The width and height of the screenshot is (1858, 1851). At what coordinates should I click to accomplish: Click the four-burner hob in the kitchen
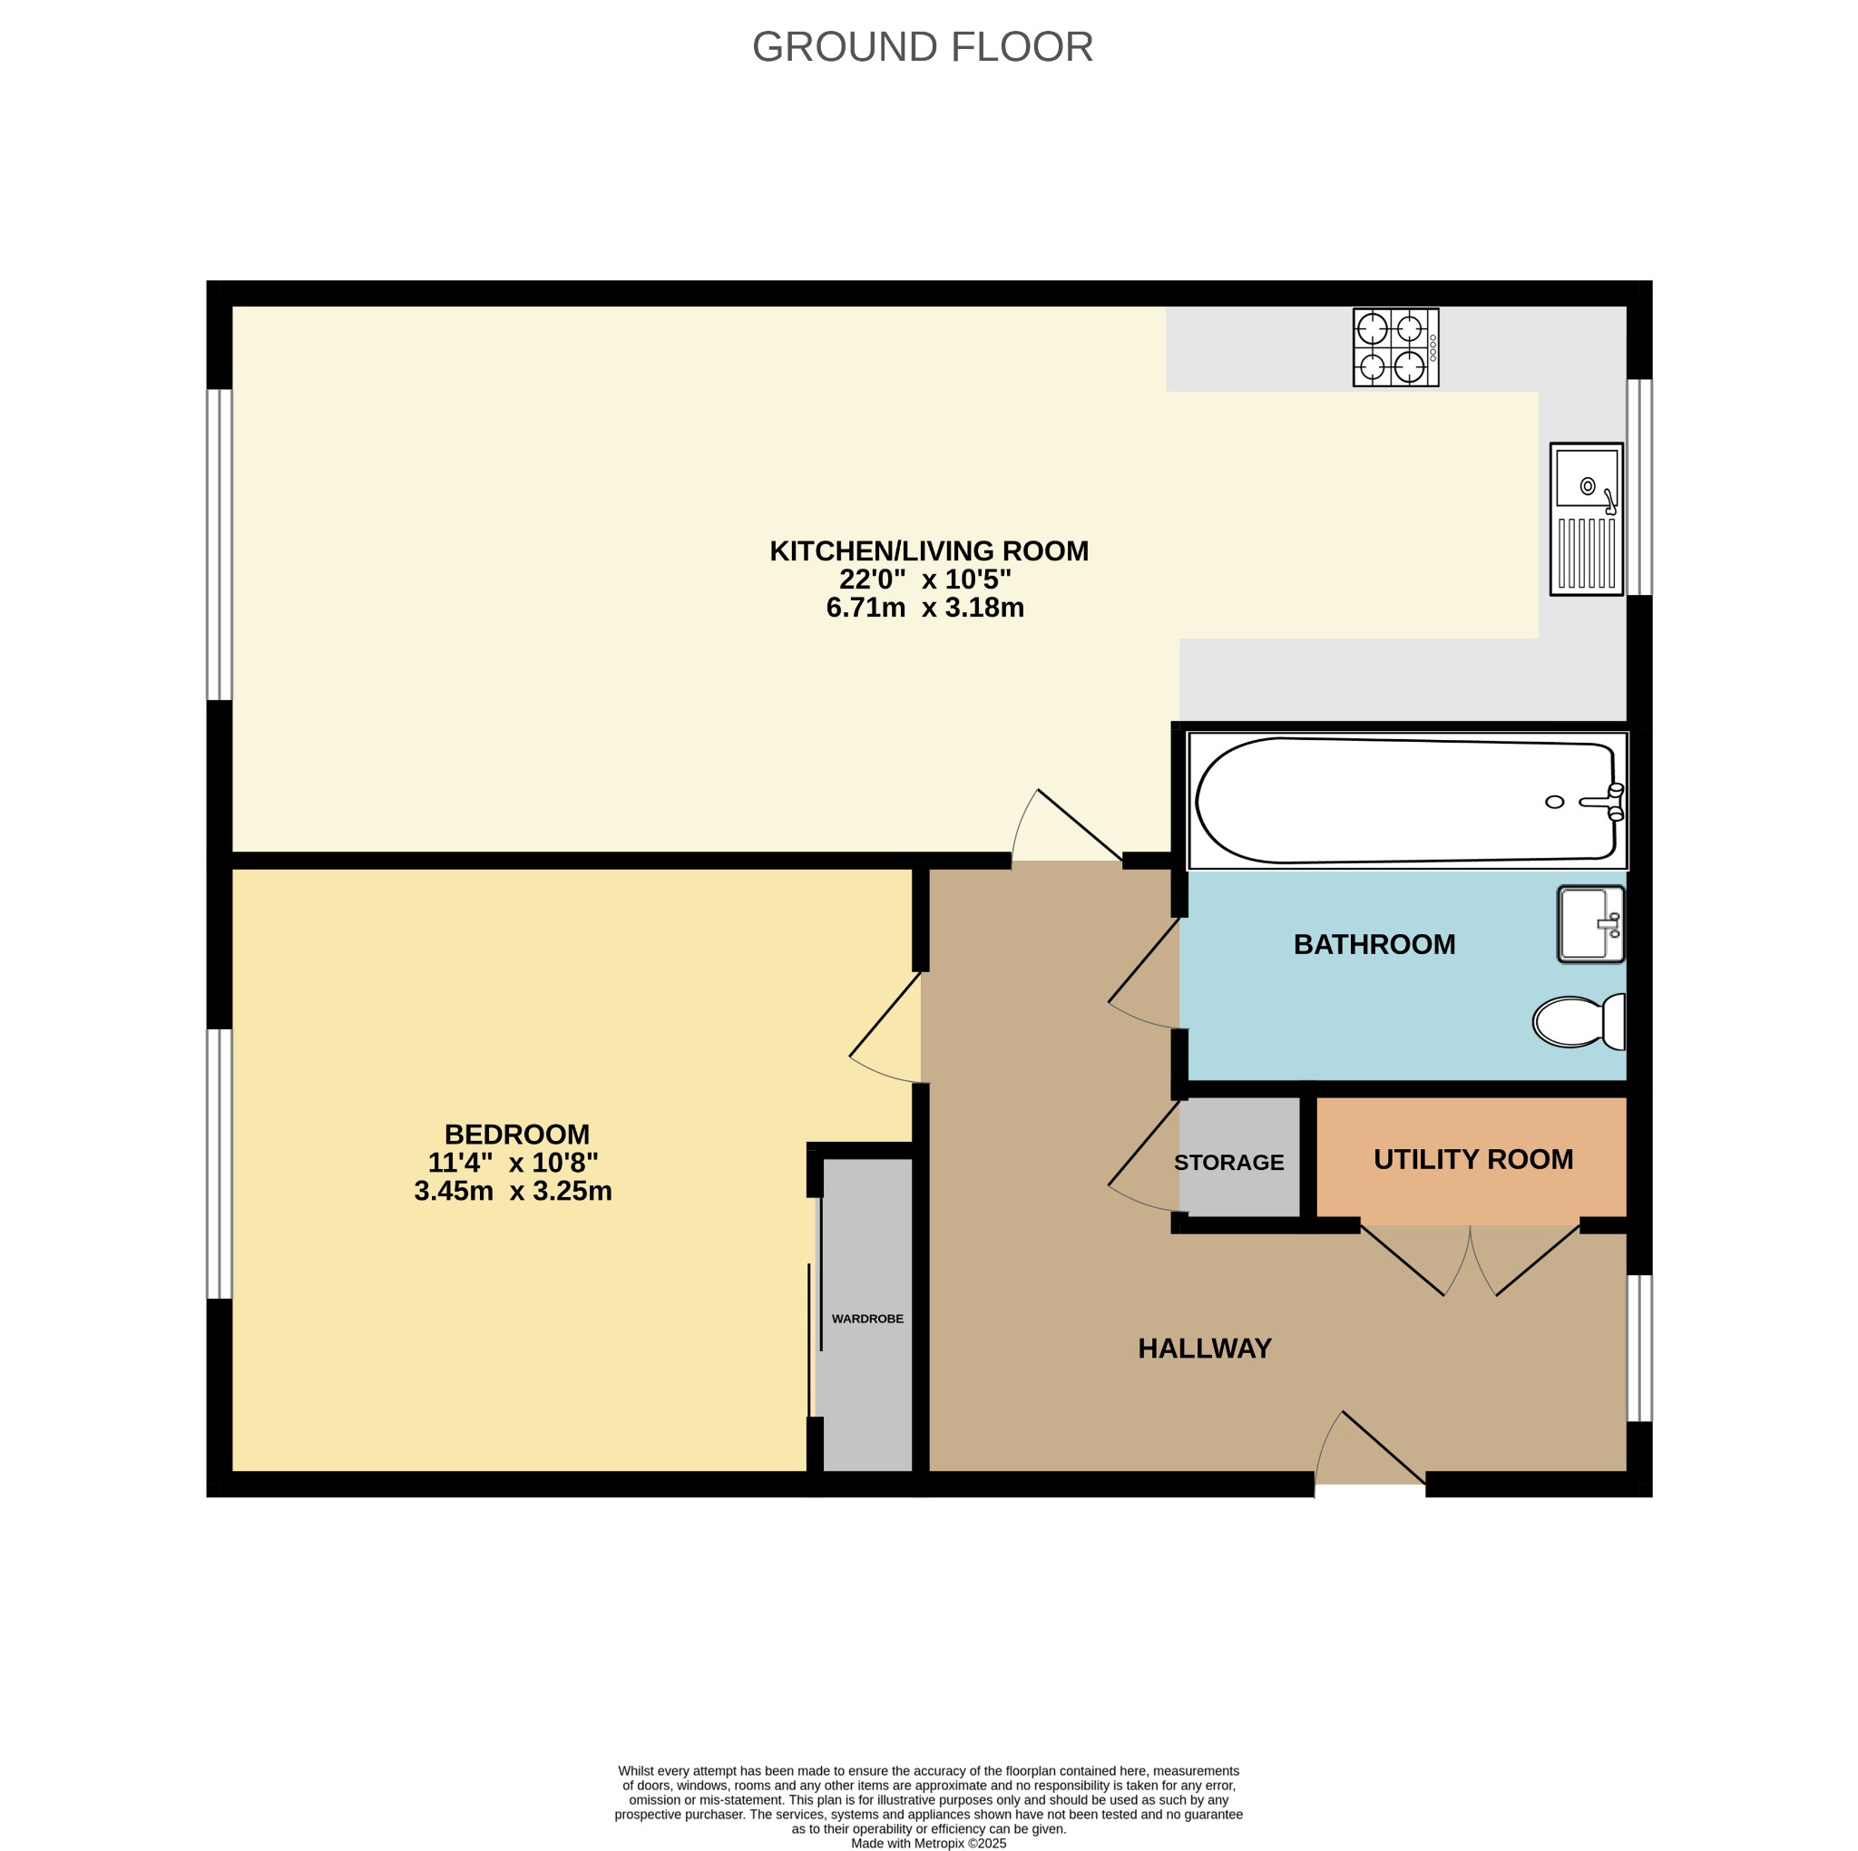coord(1394,347)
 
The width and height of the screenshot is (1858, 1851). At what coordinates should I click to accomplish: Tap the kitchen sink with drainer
coord(1586,520)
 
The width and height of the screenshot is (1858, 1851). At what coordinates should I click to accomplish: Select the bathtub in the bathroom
coord(1405,800)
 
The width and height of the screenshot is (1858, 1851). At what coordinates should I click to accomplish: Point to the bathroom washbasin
coord(1589,924)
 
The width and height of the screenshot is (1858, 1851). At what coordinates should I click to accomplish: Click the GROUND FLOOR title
coord(922,47)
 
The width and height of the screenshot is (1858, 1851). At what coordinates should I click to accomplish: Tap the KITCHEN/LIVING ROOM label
coord(928,551)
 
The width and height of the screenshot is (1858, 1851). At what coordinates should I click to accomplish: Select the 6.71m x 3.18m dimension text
coord(924,608)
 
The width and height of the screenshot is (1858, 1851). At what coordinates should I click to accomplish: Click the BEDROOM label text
coord(516,1134)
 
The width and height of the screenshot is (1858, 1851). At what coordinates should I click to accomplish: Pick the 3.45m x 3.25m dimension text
coord(513,1191)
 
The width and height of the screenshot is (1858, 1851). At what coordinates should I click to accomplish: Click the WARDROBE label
coord(866,1319)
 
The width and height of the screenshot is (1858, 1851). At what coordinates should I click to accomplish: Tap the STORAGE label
coord(1228,1162)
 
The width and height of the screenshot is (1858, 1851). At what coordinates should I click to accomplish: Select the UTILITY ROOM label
coord(1472,1159)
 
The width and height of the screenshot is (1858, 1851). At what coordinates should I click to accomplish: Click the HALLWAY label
coord(1204,1348)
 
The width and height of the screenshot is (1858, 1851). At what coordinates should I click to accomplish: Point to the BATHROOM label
coord(1374,944)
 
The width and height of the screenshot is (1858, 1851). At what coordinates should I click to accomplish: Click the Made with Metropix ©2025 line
coord(927,1844)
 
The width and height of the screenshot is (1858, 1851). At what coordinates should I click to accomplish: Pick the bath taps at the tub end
coord(1612,801)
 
